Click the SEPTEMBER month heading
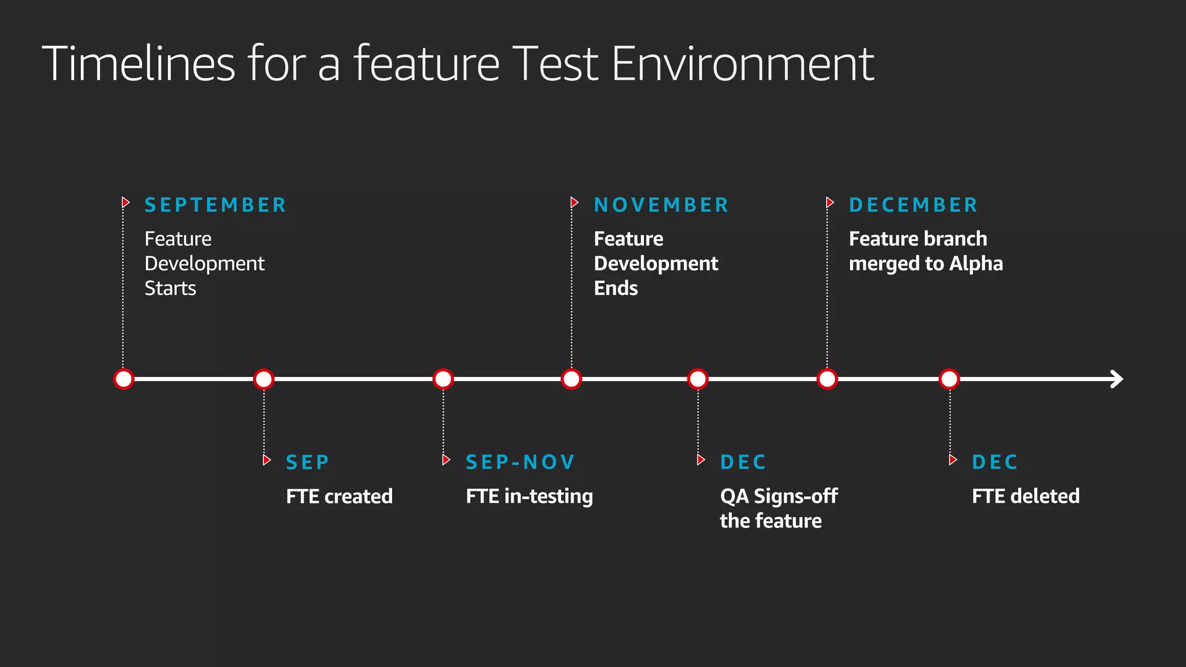click(x=215, y=205)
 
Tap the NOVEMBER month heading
click(x=661, y=205)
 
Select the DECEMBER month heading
click(x=913, y=205)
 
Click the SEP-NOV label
click(x=520, y=462)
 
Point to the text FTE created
click(x=339, y=496)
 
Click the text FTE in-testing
click(x=529, y=496)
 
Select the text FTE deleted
click(x=1026, y=496)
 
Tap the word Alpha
click(x=976, y=263)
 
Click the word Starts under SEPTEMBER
click(x=170, y=288)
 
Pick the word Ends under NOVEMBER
click(x=616, y=288)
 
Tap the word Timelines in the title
click(x=138, y=64)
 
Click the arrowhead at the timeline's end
click(x=1117, y=379)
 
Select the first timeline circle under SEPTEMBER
click(x=124, y=379)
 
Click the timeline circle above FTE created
click(x=263, y=379)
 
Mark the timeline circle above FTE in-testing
click(x=443, y=379)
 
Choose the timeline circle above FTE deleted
click(x=949, y=379)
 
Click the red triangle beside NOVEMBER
click(x=574, y=202)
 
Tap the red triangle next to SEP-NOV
click(x=446, y=460)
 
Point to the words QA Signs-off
click(x=778, y=496)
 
